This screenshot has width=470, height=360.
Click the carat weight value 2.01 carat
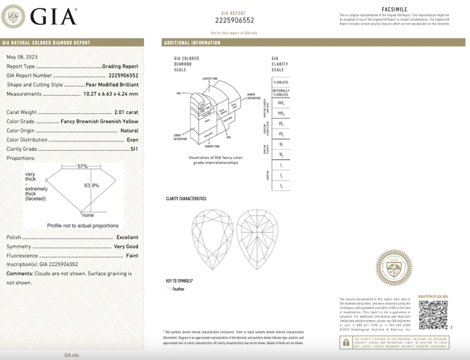[126, 112]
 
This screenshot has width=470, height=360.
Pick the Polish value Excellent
[127, 237]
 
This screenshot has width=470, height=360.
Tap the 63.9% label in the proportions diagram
[92, 185]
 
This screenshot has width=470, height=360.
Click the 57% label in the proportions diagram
[82, 166]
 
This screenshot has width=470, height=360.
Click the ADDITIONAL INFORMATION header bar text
[192, 43]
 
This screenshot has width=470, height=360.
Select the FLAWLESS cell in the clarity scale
[281, 82]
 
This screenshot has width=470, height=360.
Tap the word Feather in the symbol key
[178, 289]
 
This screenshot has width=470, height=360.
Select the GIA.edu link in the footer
[71, 355]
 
